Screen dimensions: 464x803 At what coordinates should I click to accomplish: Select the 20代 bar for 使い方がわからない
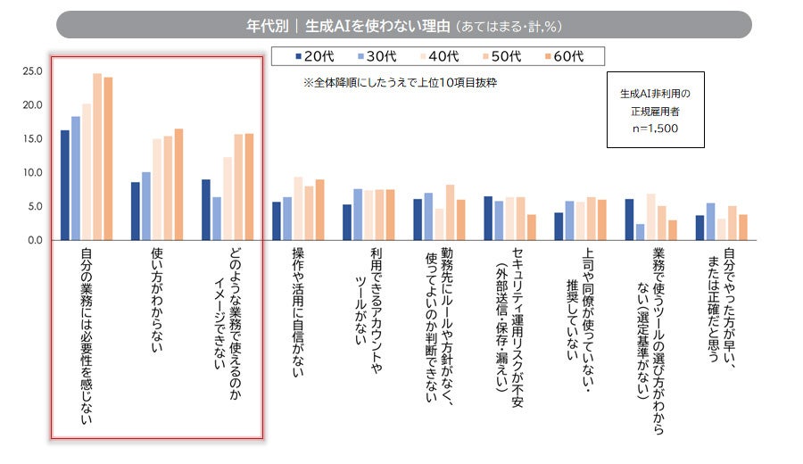136,211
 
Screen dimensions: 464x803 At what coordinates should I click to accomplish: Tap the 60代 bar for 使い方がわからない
178,185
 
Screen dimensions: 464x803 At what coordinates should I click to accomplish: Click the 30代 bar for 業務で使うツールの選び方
640,232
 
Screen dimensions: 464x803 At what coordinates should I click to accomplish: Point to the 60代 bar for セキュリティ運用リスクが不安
531,228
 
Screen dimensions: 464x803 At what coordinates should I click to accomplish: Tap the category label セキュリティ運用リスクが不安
510,321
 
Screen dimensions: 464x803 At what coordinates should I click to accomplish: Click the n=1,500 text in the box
649,128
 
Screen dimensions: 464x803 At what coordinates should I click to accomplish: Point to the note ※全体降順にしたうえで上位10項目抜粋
399,82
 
